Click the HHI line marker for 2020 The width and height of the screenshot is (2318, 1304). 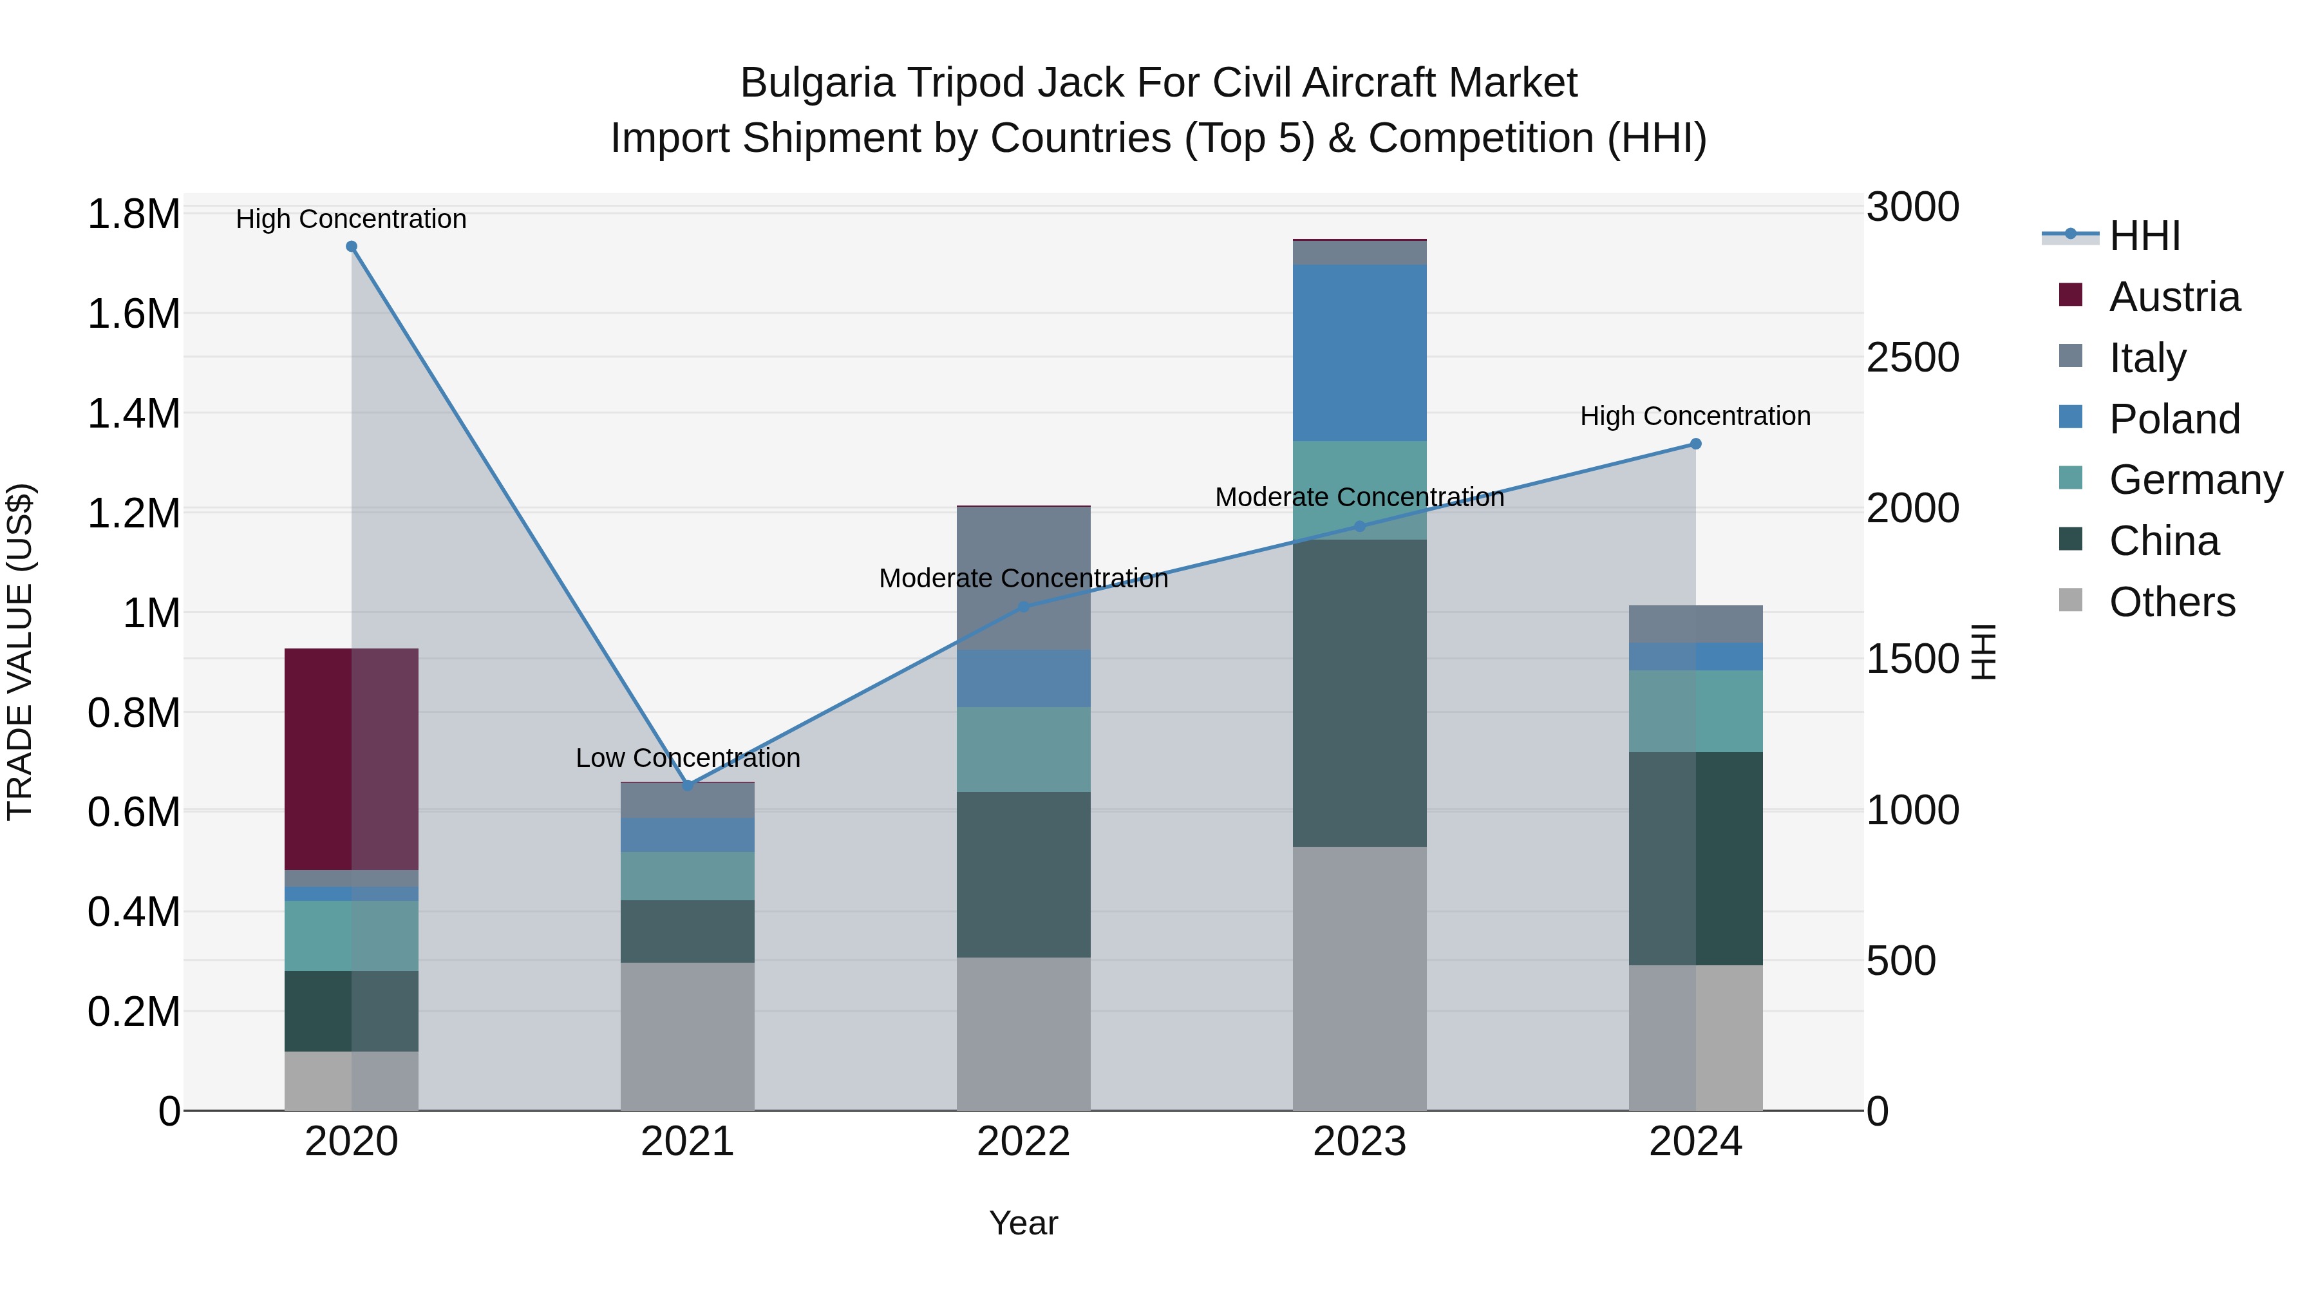pos(351,247)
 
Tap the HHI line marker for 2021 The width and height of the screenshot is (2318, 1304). pos(688,785)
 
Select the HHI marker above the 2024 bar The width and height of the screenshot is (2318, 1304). pos(1695,444)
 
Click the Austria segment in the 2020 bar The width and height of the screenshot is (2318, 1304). pos(351,759)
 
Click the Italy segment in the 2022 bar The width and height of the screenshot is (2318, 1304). pos(1023,578)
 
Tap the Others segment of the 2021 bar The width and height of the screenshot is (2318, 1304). pos(688,1036)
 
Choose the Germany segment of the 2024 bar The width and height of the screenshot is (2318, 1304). pos(1695,711)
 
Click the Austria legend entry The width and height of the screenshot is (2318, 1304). pos(2174,297)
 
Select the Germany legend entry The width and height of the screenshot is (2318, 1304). pos(2196,480)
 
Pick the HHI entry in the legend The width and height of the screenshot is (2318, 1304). pos(2144,236)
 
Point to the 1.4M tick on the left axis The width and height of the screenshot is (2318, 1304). pos(133,414)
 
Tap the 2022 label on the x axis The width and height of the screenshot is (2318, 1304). pos(1023,1142)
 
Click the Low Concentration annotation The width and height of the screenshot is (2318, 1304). pos(688,758)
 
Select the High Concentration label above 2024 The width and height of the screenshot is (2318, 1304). pos(1695,416)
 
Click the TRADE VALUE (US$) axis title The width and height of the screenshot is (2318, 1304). pos(20,652)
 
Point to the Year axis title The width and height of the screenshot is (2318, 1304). pos(1023,1223)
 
